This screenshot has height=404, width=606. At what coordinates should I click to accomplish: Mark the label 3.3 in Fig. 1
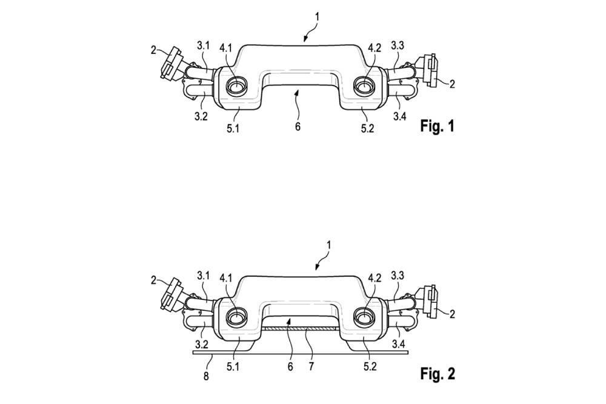point(398,45)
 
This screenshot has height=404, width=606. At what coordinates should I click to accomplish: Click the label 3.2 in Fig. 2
point(202,345)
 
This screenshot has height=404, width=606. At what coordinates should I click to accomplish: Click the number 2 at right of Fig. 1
point(451,85)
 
